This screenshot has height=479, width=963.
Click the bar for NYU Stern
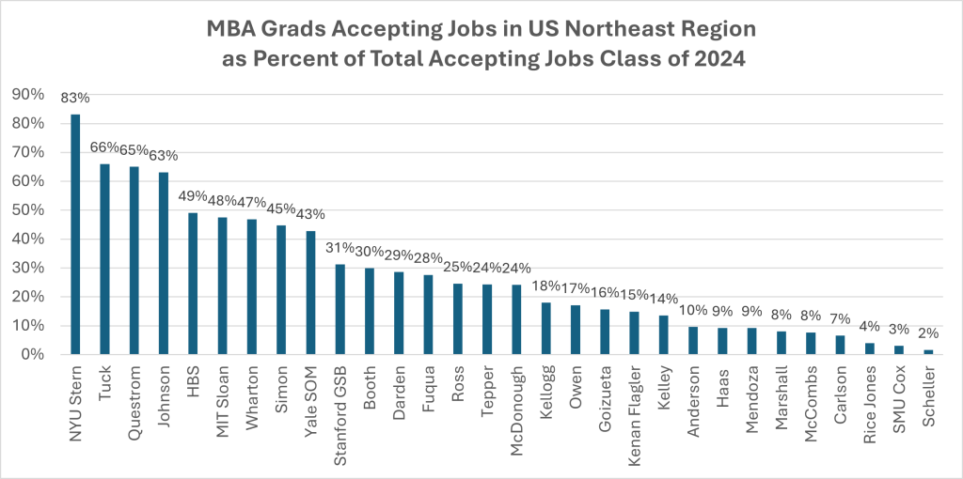(x=75, y=235)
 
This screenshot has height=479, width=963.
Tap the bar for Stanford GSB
(x=340, y=310)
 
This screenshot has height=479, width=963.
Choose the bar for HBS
(x=193, y=284)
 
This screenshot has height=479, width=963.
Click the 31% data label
(x=340, y=249)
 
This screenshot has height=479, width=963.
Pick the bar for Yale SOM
(x=310, y=292)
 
